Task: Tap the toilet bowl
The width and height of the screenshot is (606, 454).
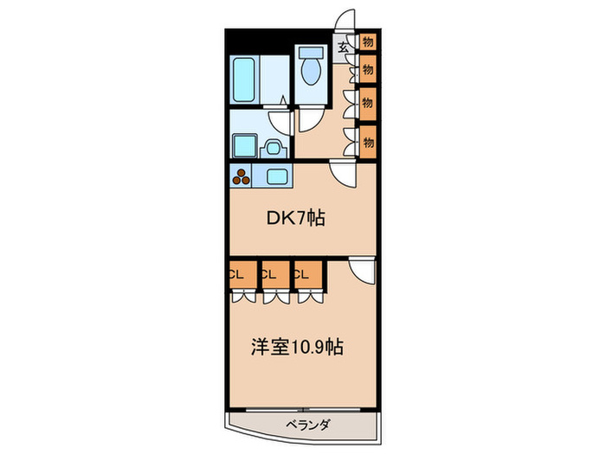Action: (x=309, y=64)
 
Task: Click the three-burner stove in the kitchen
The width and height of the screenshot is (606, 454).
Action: (x=241, y=176)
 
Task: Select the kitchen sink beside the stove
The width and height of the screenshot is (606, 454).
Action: (x=279, y=177)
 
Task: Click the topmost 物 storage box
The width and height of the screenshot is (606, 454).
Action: (x=368, y=42)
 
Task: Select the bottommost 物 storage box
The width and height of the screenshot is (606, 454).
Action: (x=368, y=140)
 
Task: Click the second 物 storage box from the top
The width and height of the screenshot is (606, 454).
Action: (x=368, y=67)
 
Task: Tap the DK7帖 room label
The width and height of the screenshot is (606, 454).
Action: (x=295, y=219)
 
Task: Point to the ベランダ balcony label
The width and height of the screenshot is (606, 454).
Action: (x=305, y=425)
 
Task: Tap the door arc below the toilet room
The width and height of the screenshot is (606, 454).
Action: (x=309, y=121)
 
